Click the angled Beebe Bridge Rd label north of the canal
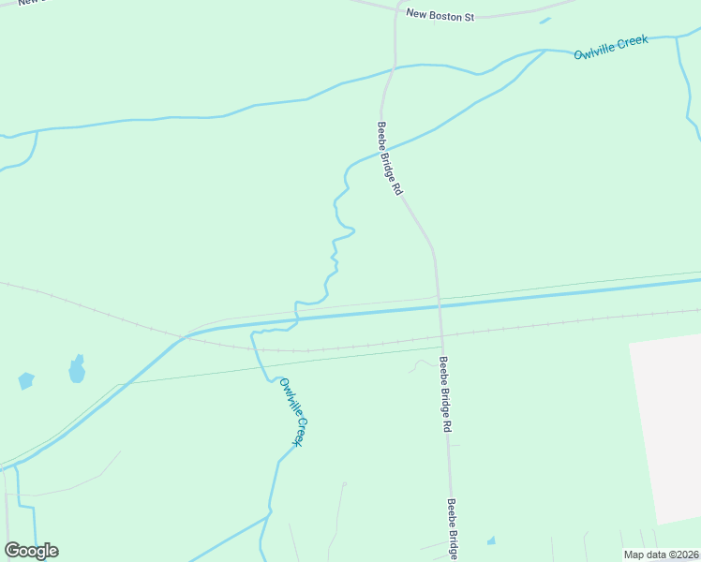390,157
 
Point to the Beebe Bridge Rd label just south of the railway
445,393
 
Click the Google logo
31,551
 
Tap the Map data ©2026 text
661,555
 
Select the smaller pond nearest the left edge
25,381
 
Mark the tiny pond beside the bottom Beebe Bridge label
491,541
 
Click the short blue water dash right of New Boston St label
544,20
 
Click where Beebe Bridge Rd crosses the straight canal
439,302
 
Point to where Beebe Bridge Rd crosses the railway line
440,331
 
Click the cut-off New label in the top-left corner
30,3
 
